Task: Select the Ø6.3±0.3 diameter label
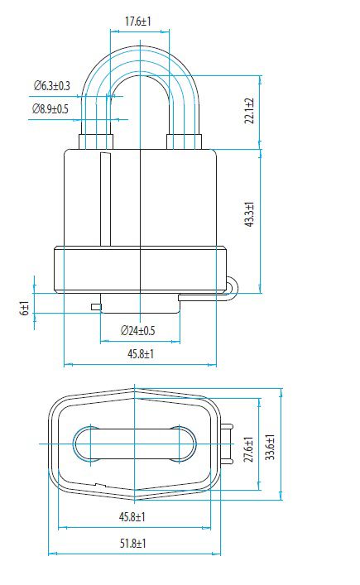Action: point(52,85)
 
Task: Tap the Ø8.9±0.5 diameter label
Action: point(50,108)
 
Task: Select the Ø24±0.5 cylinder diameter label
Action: point(138,331)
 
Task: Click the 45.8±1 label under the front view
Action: point(140,354)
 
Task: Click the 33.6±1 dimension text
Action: point(270,445)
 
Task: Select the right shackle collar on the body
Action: point(184,141)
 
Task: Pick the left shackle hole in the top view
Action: point(87,445)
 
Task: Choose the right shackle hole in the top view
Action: point(183,445)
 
